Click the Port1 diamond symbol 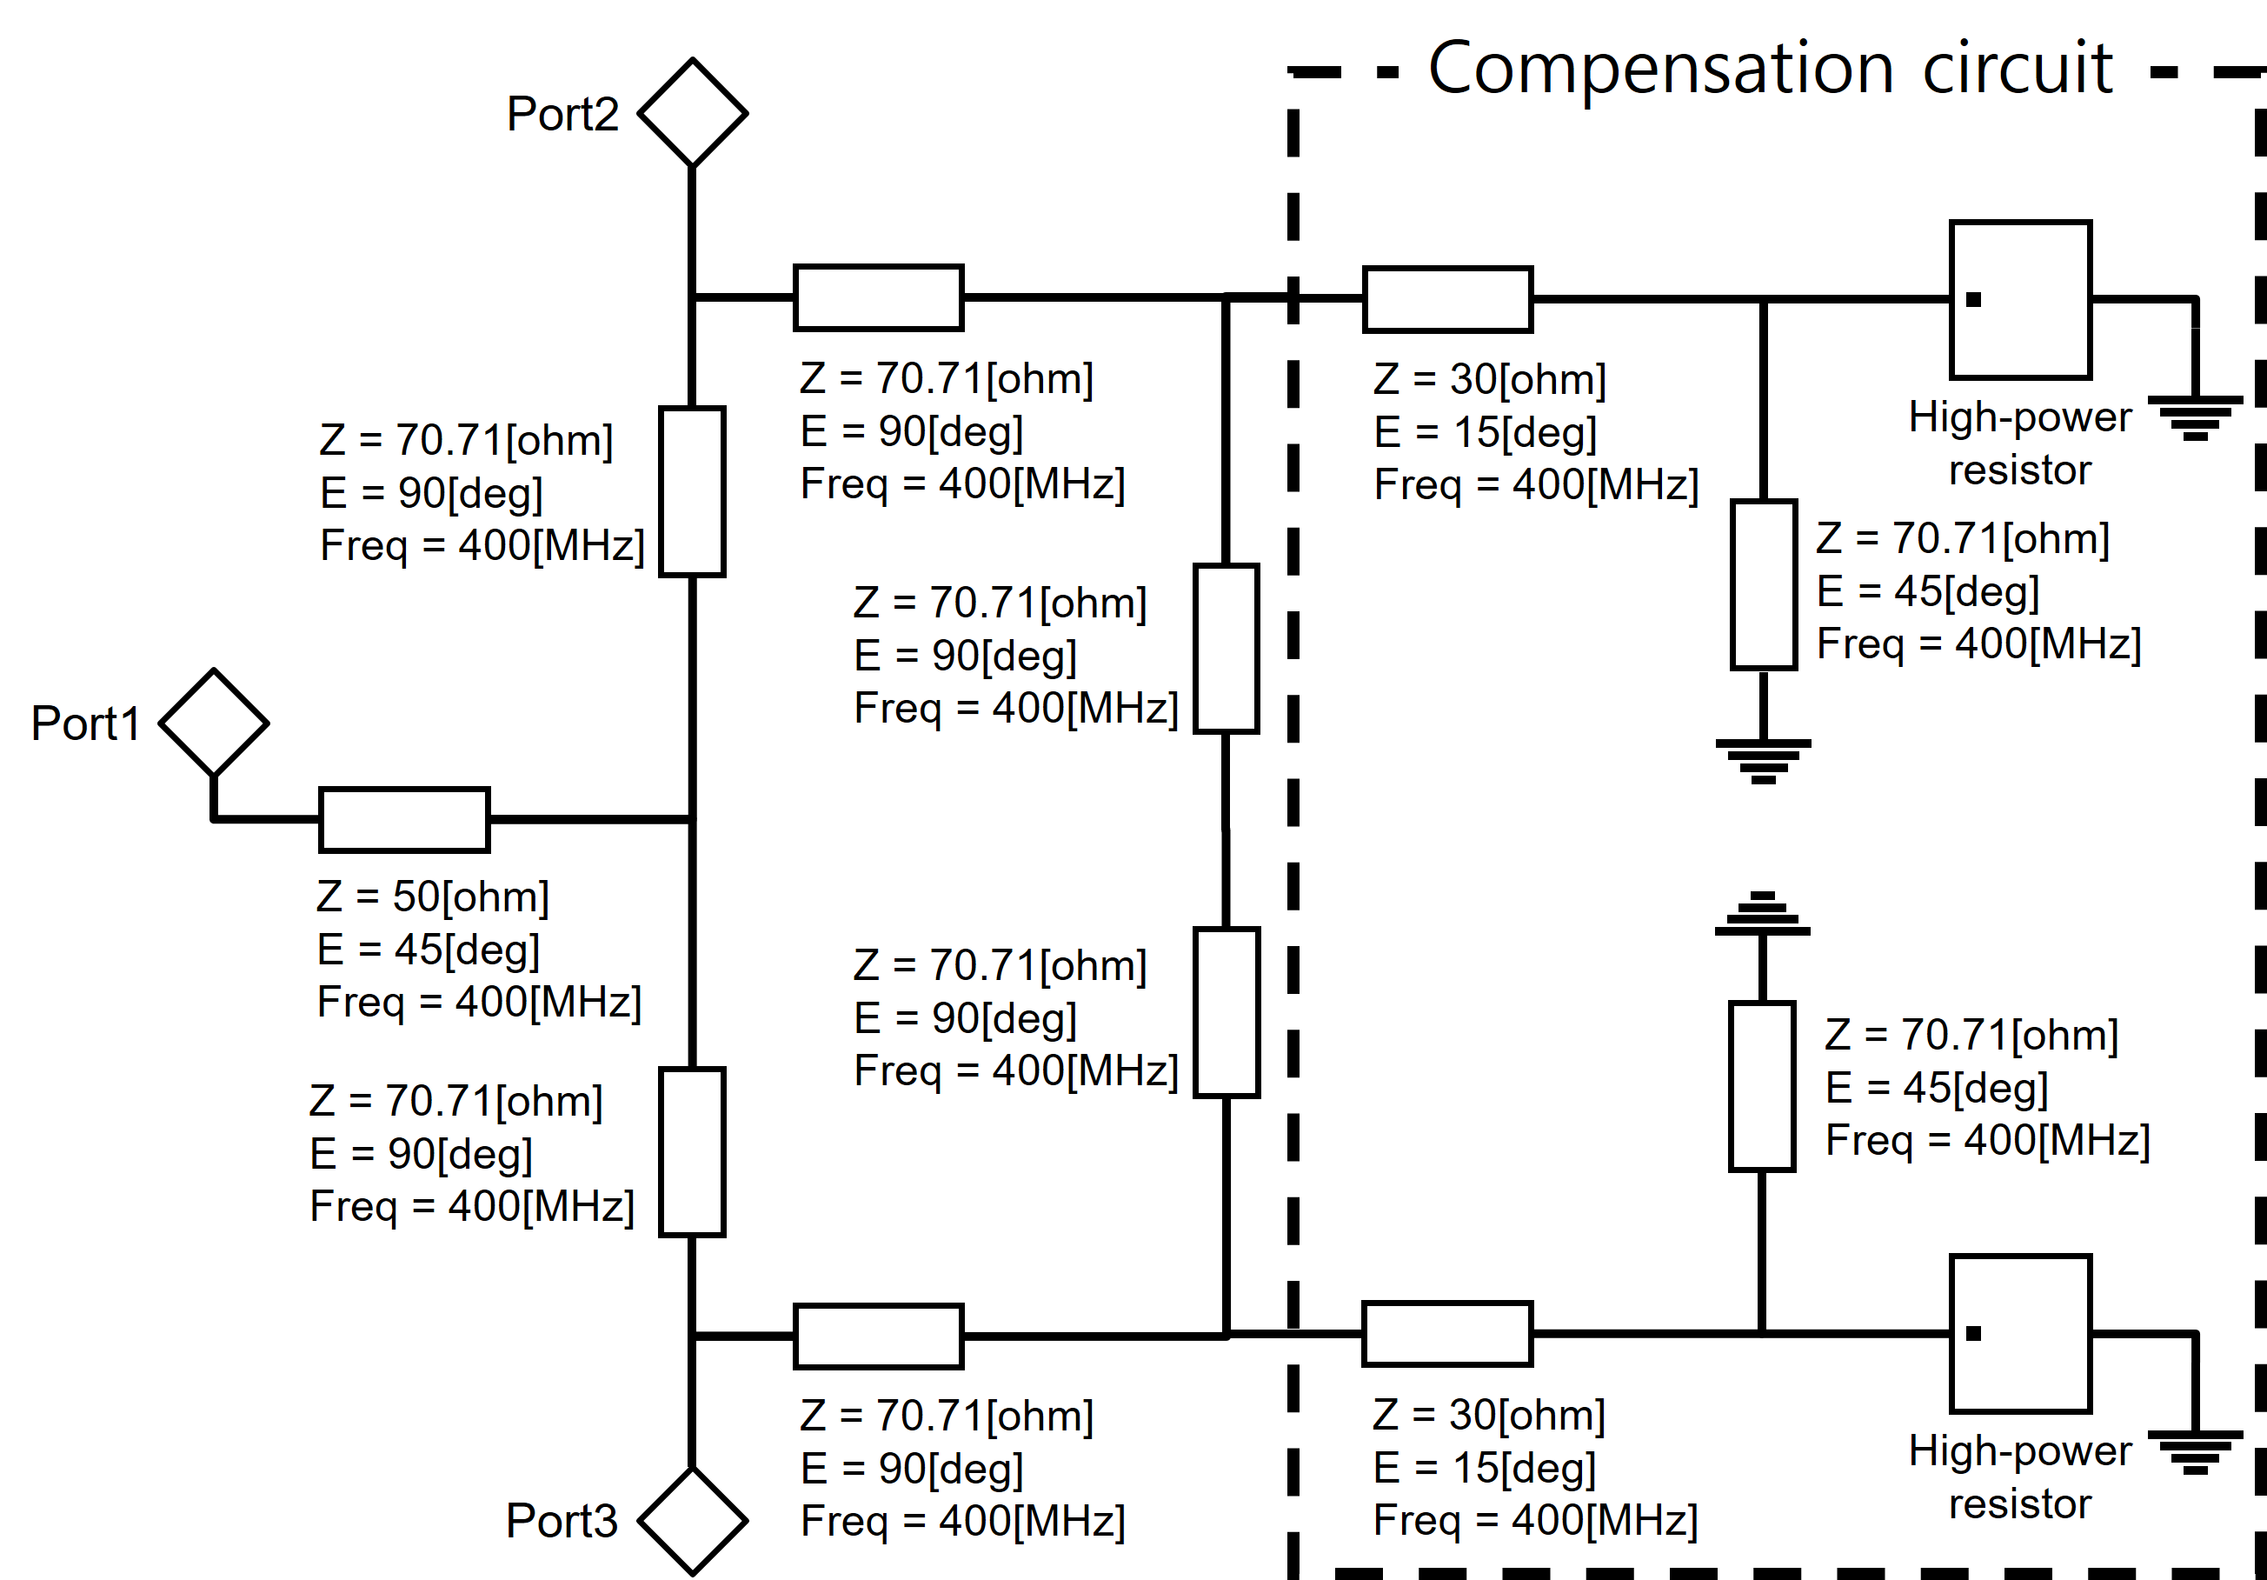[213, 723]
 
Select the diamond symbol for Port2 [692, 112]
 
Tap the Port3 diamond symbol [692, 1521]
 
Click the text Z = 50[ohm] [433, 897]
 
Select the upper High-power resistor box [2020, 299]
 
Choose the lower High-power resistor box [2020, 1333]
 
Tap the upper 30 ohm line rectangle [1447, 299]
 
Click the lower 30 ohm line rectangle [1446, 1334]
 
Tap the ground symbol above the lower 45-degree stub [1763, 913]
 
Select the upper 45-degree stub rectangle [1764, 584]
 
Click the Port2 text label [562, 114]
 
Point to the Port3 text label [561, 1521]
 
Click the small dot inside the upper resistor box [1973, 299]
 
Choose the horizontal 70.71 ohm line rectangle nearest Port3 [878, 1337]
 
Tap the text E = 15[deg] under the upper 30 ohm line [1485, 432]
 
